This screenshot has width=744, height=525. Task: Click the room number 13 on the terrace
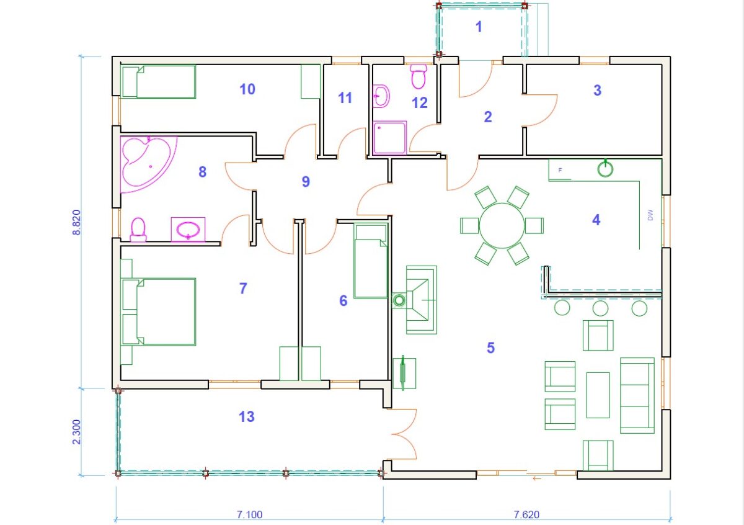click(247, 416)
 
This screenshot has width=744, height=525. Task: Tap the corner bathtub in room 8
click(146, 163)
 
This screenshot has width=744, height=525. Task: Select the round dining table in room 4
click(502, 225)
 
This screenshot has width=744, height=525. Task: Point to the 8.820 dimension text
click(77, 222)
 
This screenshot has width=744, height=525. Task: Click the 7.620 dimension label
click(526, 514)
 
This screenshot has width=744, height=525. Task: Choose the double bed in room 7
click(159, 312)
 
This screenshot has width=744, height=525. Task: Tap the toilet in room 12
click(418, 76)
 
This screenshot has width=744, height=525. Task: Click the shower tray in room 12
click(389, 138)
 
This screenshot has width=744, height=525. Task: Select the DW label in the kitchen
click(650, 215)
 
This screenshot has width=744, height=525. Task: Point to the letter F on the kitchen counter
click(560, 170)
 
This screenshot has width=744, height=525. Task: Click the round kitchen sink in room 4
click(605, 169)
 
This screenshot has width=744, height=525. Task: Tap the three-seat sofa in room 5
click(637, 395)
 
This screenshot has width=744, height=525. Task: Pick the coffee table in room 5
click(598, 395)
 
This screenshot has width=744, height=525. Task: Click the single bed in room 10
click(159, 82)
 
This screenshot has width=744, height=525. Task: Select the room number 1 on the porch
click(479, 27)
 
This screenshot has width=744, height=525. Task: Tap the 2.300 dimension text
click(77, 431)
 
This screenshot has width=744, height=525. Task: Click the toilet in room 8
click(138, 230)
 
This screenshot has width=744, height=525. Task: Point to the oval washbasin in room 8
click(188, 230)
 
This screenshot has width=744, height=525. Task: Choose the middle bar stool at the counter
click(601, 308)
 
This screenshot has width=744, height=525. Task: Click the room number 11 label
click(345, 98)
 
